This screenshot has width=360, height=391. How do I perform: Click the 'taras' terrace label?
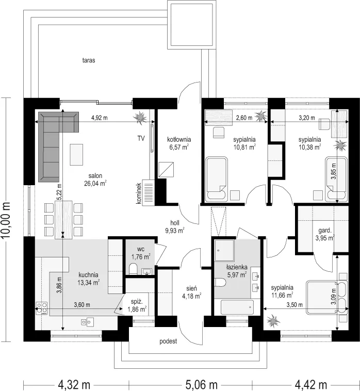point(89,60)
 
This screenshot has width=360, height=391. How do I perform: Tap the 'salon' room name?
point(95,176)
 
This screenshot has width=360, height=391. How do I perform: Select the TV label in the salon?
point(141,138)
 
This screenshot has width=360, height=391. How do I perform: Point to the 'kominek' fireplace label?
point(139,193)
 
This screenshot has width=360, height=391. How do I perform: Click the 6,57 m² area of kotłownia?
point(179,147)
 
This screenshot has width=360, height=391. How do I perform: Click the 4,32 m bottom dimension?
point(74,385)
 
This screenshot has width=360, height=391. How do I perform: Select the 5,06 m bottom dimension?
point(202,385)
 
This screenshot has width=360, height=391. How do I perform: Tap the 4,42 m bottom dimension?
point(311,385)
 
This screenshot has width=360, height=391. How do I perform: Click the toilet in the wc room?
point(133,269)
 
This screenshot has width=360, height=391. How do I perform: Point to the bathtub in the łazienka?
point(237,307)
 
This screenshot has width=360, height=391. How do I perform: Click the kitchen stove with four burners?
point(42,308)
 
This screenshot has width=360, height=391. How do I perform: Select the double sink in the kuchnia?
point(87,322)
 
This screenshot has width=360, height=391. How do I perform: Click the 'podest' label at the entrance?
point(168,341)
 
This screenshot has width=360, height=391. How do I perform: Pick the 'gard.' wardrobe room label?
point(324,231)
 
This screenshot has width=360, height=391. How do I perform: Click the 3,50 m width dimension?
point(294,305)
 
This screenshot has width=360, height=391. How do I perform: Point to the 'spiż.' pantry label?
point(137,302)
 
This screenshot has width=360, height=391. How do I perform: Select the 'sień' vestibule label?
point(191,288)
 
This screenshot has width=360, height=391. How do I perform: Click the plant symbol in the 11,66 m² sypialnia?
point(273,321)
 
